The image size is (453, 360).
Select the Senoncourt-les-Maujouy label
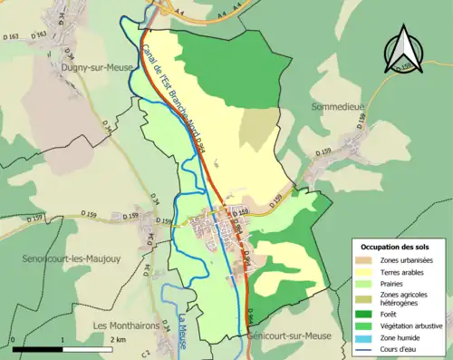61,258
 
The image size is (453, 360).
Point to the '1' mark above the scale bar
62,338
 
